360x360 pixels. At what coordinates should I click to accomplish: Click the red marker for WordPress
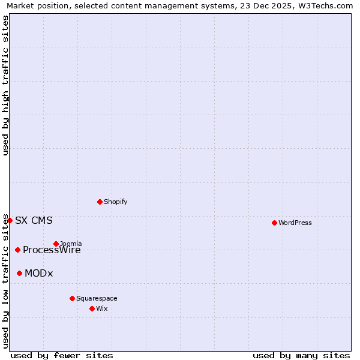click(274, 223)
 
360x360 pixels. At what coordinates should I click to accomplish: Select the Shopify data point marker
click(100, 202)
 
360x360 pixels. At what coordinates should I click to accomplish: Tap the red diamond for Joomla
click(56, 244)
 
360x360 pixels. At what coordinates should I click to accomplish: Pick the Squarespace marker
click(72, 298)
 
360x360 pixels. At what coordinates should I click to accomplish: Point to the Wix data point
click(92, 308)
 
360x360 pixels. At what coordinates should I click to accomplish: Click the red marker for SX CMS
click(10, 220)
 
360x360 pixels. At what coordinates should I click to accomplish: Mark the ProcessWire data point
click(17, 250)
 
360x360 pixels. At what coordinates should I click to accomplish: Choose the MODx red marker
click(19, 273)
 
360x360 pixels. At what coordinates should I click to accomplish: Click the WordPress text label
click(295, 223)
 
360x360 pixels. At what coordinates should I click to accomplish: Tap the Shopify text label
click(116, 202)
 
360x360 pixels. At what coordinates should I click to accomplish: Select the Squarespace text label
click(97, 298)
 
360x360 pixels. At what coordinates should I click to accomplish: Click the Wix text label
click(102, 308)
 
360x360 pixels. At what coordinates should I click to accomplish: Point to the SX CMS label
click(34, 220)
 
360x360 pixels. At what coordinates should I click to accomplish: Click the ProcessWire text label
click(52, 250)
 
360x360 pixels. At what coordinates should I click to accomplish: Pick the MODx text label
click(39, 273)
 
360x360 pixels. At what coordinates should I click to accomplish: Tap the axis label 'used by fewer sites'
click(62, 355)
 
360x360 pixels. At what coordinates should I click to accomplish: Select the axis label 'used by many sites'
click(301, 355)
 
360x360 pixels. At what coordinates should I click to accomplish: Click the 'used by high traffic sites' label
click(5, 85)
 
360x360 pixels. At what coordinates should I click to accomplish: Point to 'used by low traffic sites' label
click(5, 280)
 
